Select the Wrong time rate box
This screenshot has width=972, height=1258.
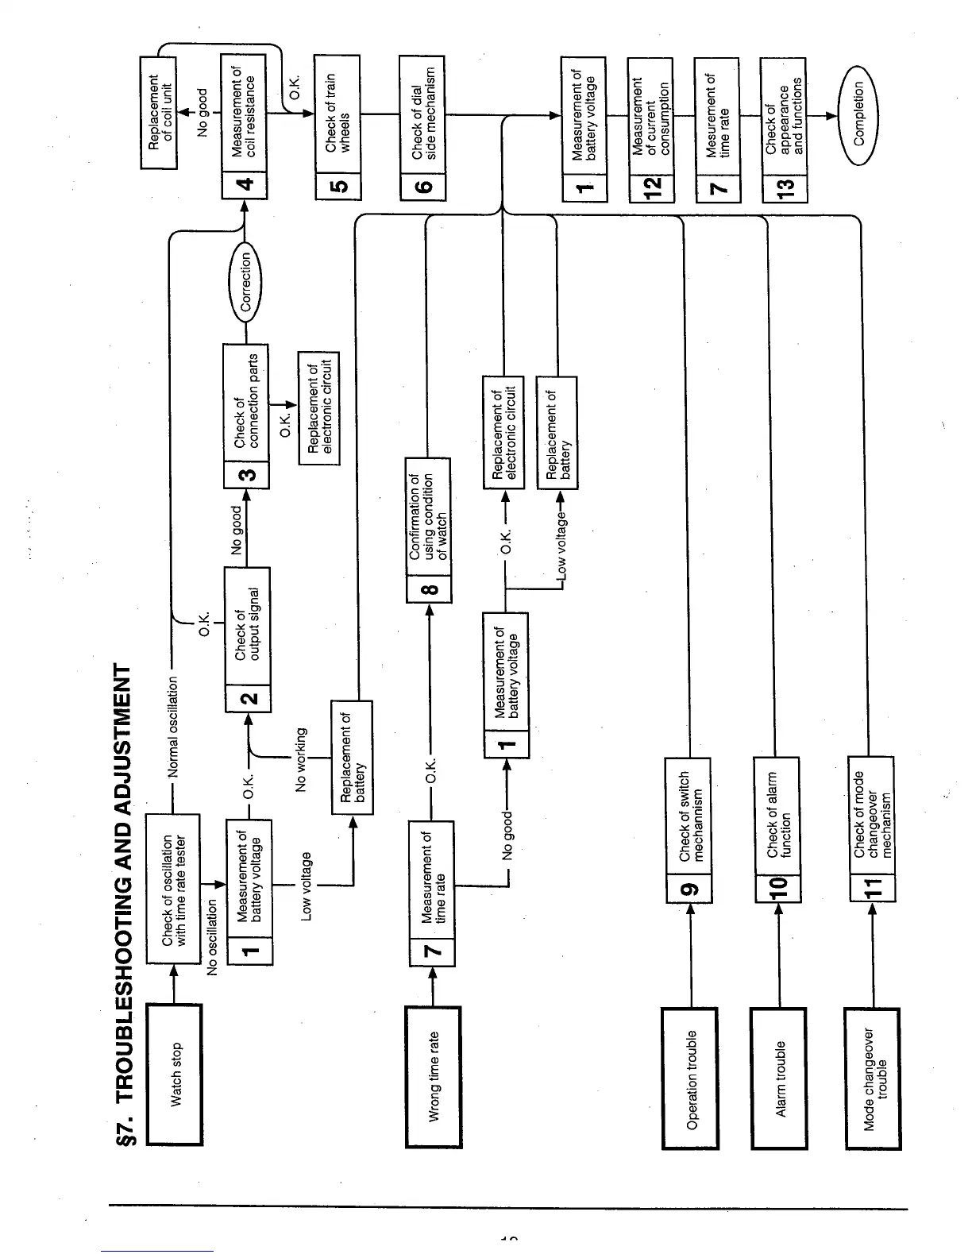pos(434,1076)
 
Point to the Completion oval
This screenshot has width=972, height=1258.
pos(858,114)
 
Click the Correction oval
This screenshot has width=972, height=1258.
pos(245,282)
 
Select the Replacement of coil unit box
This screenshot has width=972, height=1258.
pos(160,111)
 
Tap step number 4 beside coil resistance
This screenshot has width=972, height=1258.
pos(244,185)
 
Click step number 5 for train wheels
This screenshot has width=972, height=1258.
pos(337,186)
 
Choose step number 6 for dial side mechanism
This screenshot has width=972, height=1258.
pos(423,186)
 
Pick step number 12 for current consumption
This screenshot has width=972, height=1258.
pos(651,186)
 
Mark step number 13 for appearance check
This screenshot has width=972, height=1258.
pos(784,186)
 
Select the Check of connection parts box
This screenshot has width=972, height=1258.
pos(246,401)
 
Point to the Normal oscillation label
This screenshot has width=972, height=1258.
pos(173,727)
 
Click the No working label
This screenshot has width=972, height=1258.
pos(301,759)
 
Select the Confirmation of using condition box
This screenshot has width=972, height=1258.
pos(428,517)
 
